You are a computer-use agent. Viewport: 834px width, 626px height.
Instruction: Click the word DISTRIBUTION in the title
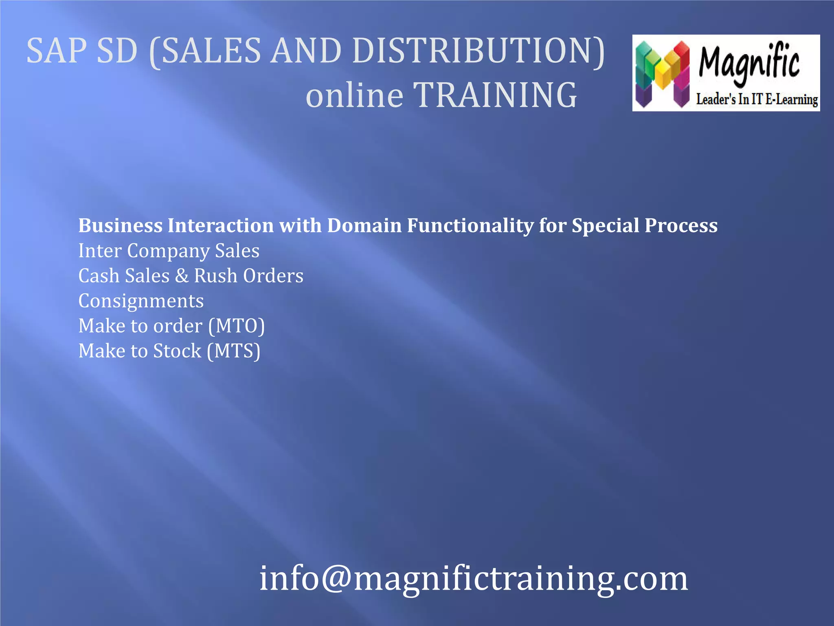click(478, 51)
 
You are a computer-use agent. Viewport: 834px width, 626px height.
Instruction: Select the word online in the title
click(354, 95)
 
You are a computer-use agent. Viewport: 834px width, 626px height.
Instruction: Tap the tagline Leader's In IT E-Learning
click(757, 99)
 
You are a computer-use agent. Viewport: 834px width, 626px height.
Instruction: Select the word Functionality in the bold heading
click(470, 226)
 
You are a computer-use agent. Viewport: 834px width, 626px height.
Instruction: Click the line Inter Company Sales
click(169, 251)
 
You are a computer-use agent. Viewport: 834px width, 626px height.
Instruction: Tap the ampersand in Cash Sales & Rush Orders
click(182, 276)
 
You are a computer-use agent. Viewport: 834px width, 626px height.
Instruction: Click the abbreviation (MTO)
click(237, 326)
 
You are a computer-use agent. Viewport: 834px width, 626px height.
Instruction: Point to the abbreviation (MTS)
click(234, 351)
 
